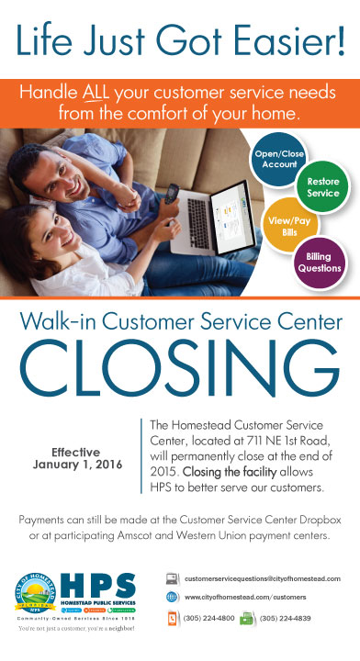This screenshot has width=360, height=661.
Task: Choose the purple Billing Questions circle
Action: [x=318, y=262]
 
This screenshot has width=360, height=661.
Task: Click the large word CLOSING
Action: [x=180, y=374]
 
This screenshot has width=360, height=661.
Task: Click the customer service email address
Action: [x=263, y=579]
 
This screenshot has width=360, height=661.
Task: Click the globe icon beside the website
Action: [x=172, y=597]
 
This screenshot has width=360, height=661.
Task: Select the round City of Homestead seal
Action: [x=38, y=592]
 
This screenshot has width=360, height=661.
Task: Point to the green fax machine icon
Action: [x=246, y=619]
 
